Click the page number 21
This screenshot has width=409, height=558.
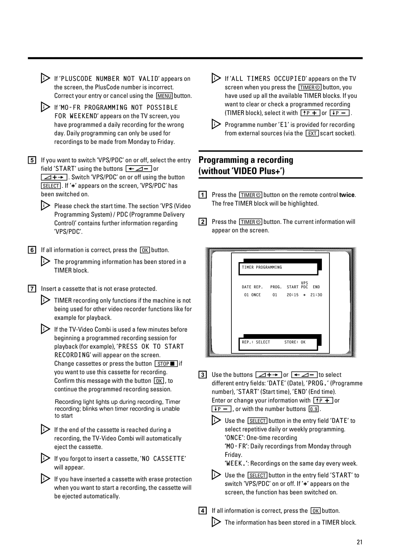(359, 542)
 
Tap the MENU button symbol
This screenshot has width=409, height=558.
(164, 96)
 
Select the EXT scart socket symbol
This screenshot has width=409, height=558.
(312, 133)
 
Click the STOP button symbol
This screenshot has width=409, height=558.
(166, 364)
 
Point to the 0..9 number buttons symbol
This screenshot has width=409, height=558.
(314, 409)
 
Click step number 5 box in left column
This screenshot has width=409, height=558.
(32, 160)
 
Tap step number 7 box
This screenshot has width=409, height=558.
(32, 289)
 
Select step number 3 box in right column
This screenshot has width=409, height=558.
(203, 375)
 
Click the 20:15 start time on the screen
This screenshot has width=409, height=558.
(292, 295)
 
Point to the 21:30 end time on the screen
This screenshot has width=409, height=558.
(316, 295)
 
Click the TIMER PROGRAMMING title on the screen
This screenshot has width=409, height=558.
(262, 267)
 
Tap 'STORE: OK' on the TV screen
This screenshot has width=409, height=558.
(295, 342)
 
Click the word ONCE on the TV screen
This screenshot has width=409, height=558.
(256, 295)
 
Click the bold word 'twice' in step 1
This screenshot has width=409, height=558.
(347, 195)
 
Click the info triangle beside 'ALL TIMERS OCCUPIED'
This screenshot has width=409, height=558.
(216, 78)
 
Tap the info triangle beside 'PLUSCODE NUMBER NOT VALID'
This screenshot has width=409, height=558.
(45, 78)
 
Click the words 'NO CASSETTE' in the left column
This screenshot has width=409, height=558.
(163, 459)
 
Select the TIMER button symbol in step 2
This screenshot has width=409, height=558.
(250, 222)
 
